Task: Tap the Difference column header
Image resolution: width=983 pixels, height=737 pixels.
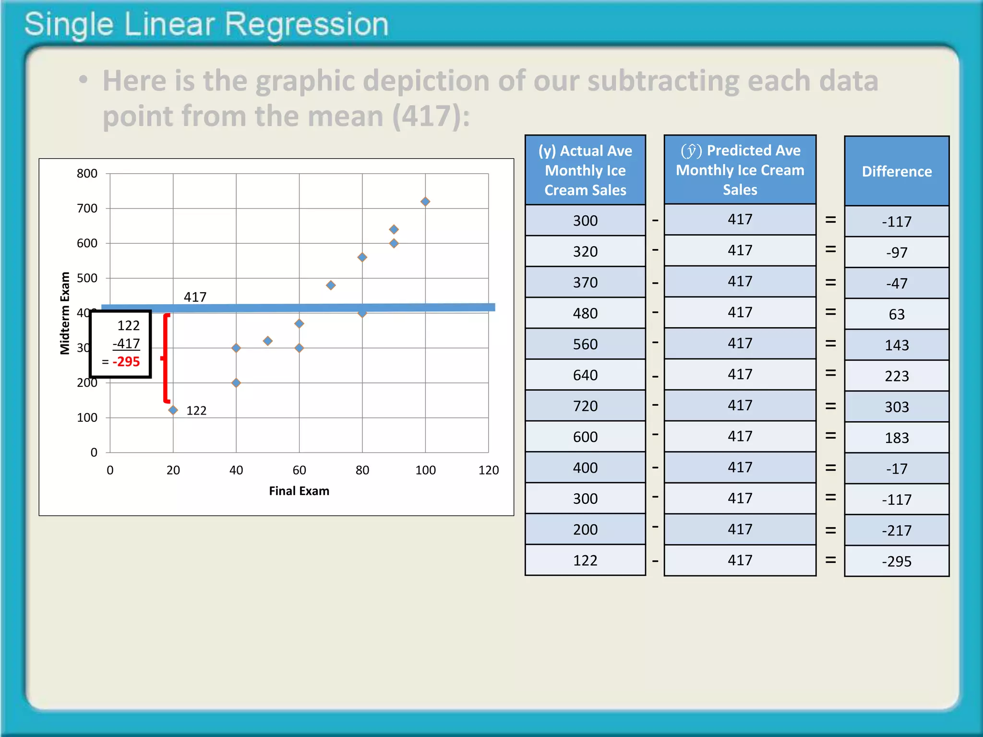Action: click(897, 171)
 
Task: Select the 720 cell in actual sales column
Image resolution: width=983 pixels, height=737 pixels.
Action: click(585, 406)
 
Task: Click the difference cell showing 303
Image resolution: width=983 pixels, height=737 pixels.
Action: click(897, 407)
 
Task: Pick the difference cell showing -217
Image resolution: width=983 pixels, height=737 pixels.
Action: click(897, 530)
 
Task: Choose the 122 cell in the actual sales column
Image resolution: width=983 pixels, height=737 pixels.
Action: click(585, 560)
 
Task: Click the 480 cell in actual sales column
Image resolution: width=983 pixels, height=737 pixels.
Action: click(585, 313)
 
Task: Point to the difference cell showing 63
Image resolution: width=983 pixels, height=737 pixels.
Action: click(897, 314)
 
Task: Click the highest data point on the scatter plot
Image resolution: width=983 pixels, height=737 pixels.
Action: click(425, 202)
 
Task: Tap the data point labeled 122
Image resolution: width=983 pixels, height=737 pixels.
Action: click(173, 410)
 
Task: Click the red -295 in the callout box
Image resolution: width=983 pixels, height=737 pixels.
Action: click(126, 362)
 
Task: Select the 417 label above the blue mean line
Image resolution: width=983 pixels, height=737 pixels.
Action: click(195, 297)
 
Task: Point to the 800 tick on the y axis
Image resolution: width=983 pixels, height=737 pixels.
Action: click(87, 174)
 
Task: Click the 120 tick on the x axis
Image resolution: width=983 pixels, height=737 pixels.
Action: click(489, 470)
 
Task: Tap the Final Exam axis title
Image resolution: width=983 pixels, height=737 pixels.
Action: click(299, 491)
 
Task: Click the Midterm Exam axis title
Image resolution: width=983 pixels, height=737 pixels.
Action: click(65, 313)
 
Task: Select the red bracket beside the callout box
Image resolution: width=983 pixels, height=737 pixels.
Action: click(166, 358)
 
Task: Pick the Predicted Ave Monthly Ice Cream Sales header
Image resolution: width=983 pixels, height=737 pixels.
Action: click(740, 170)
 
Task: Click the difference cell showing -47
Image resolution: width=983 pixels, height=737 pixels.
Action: click(897, 283)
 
